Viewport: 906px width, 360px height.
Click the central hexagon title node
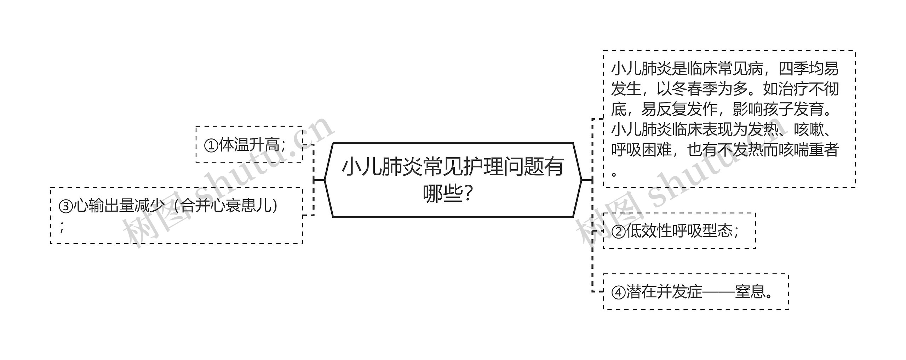click(x=453, y=180)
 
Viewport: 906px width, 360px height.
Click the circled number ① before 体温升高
click(x=211, y=145)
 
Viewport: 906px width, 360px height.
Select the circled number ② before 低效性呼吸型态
click(x=618, y=232)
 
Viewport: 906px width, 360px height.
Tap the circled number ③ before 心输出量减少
click(x=66, y=206)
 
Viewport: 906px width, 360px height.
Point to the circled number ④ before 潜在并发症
click(x=618, y=292)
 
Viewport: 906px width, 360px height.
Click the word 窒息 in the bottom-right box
click(x=750, y=292)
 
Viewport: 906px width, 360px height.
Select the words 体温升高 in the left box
click(x=249, y=145)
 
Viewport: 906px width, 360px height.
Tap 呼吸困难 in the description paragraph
click(x=641, y=150)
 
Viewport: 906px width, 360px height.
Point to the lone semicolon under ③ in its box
click(x=62, y=227)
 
